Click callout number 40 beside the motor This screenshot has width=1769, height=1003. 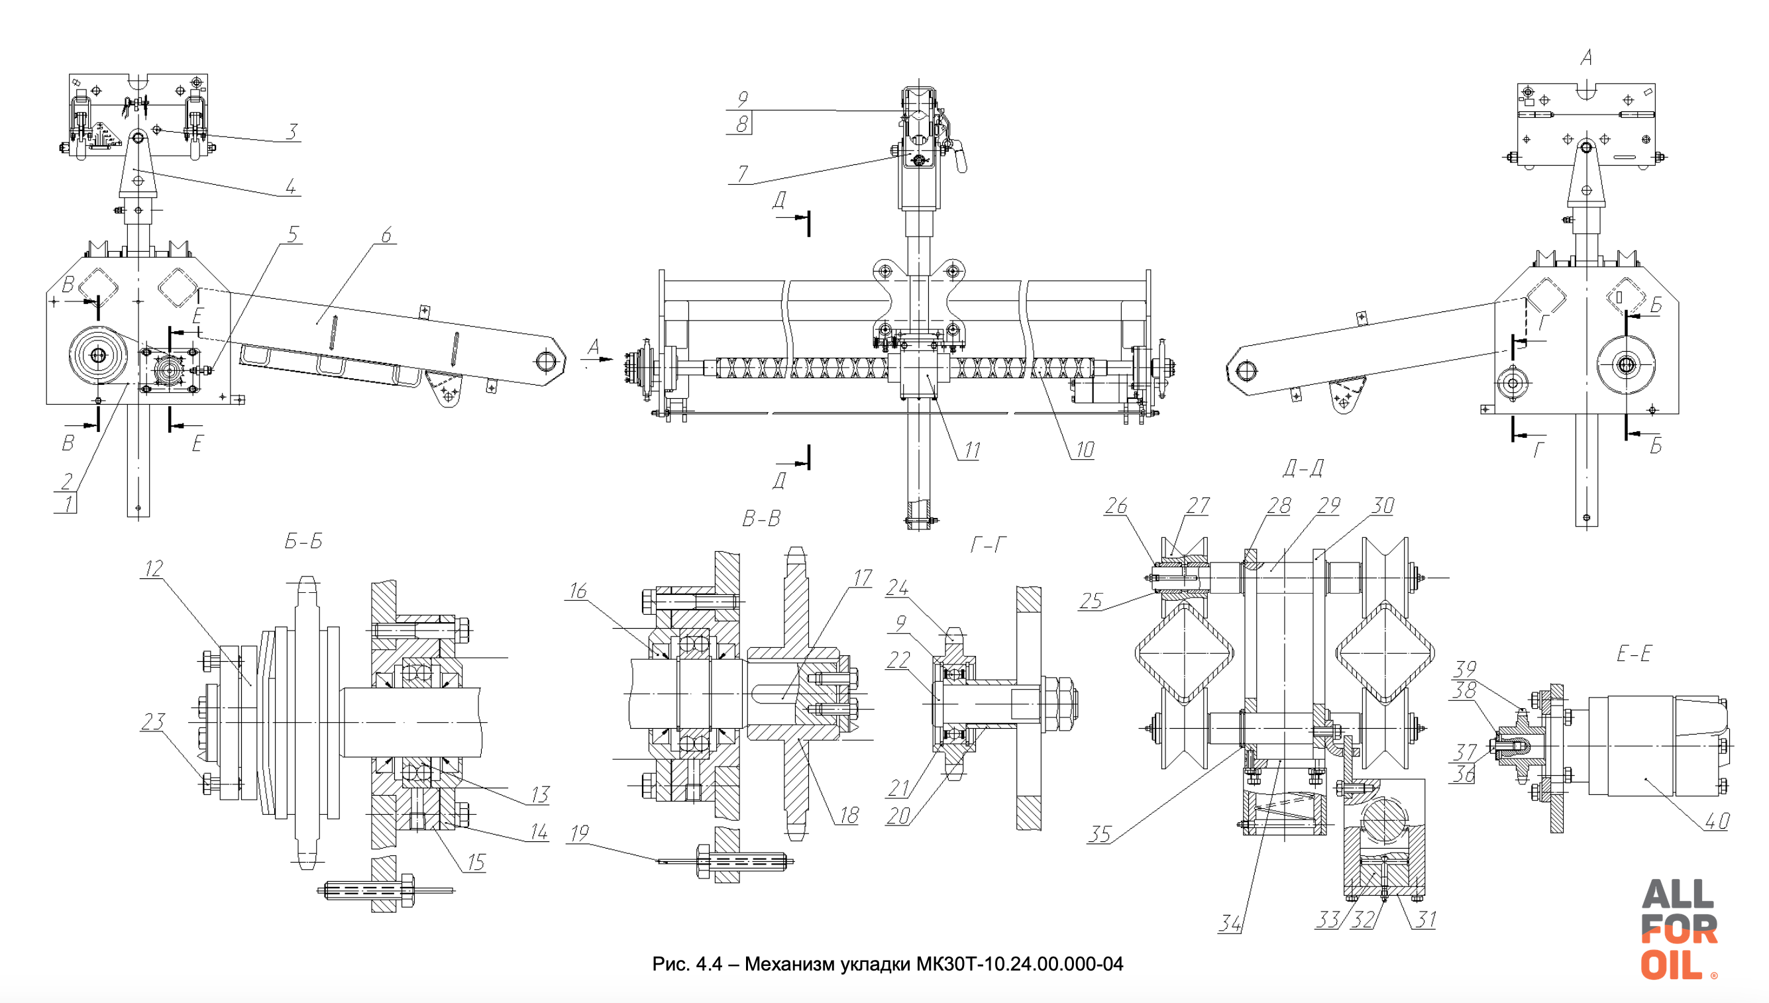pos(1717,819)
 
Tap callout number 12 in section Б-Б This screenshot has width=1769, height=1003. pos(154,568)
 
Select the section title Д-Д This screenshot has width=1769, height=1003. pos(1303,468)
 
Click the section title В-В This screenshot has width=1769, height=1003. pos(761,518)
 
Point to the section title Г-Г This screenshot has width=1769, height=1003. pos(988,546)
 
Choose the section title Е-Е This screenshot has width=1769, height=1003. pos(1634,653)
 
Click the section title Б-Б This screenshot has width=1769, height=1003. pos(303,541)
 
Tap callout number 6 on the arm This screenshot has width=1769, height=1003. pos(386,235)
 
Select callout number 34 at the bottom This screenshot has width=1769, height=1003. pos(1230,922)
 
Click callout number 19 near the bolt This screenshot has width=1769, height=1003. pos(579,833)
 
